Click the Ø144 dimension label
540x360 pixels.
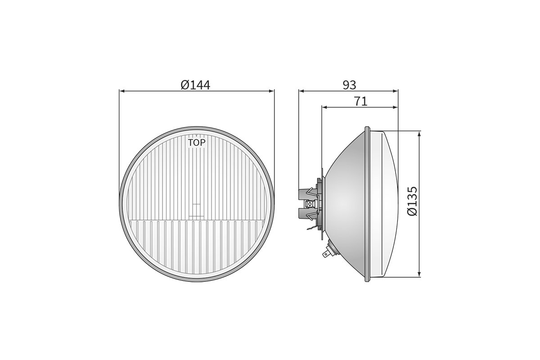tap(195, 85)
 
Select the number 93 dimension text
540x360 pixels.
tap(349, 85)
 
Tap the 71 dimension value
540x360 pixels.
tap(360, 102)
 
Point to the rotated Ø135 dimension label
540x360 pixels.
tap(412, 201)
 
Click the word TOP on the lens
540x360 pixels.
tap(197, 143)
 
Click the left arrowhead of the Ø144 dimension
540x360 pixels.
tap(122, 91)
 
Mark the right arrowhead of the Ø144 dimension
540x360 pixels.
tap(272, 91)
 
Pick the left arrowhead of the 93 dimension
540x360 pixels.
tap(301, 91)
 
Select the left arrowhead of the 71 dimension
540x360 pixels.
tap(324, 107)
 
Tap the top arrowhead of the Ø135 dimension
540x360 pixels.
tap(420, 134)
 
